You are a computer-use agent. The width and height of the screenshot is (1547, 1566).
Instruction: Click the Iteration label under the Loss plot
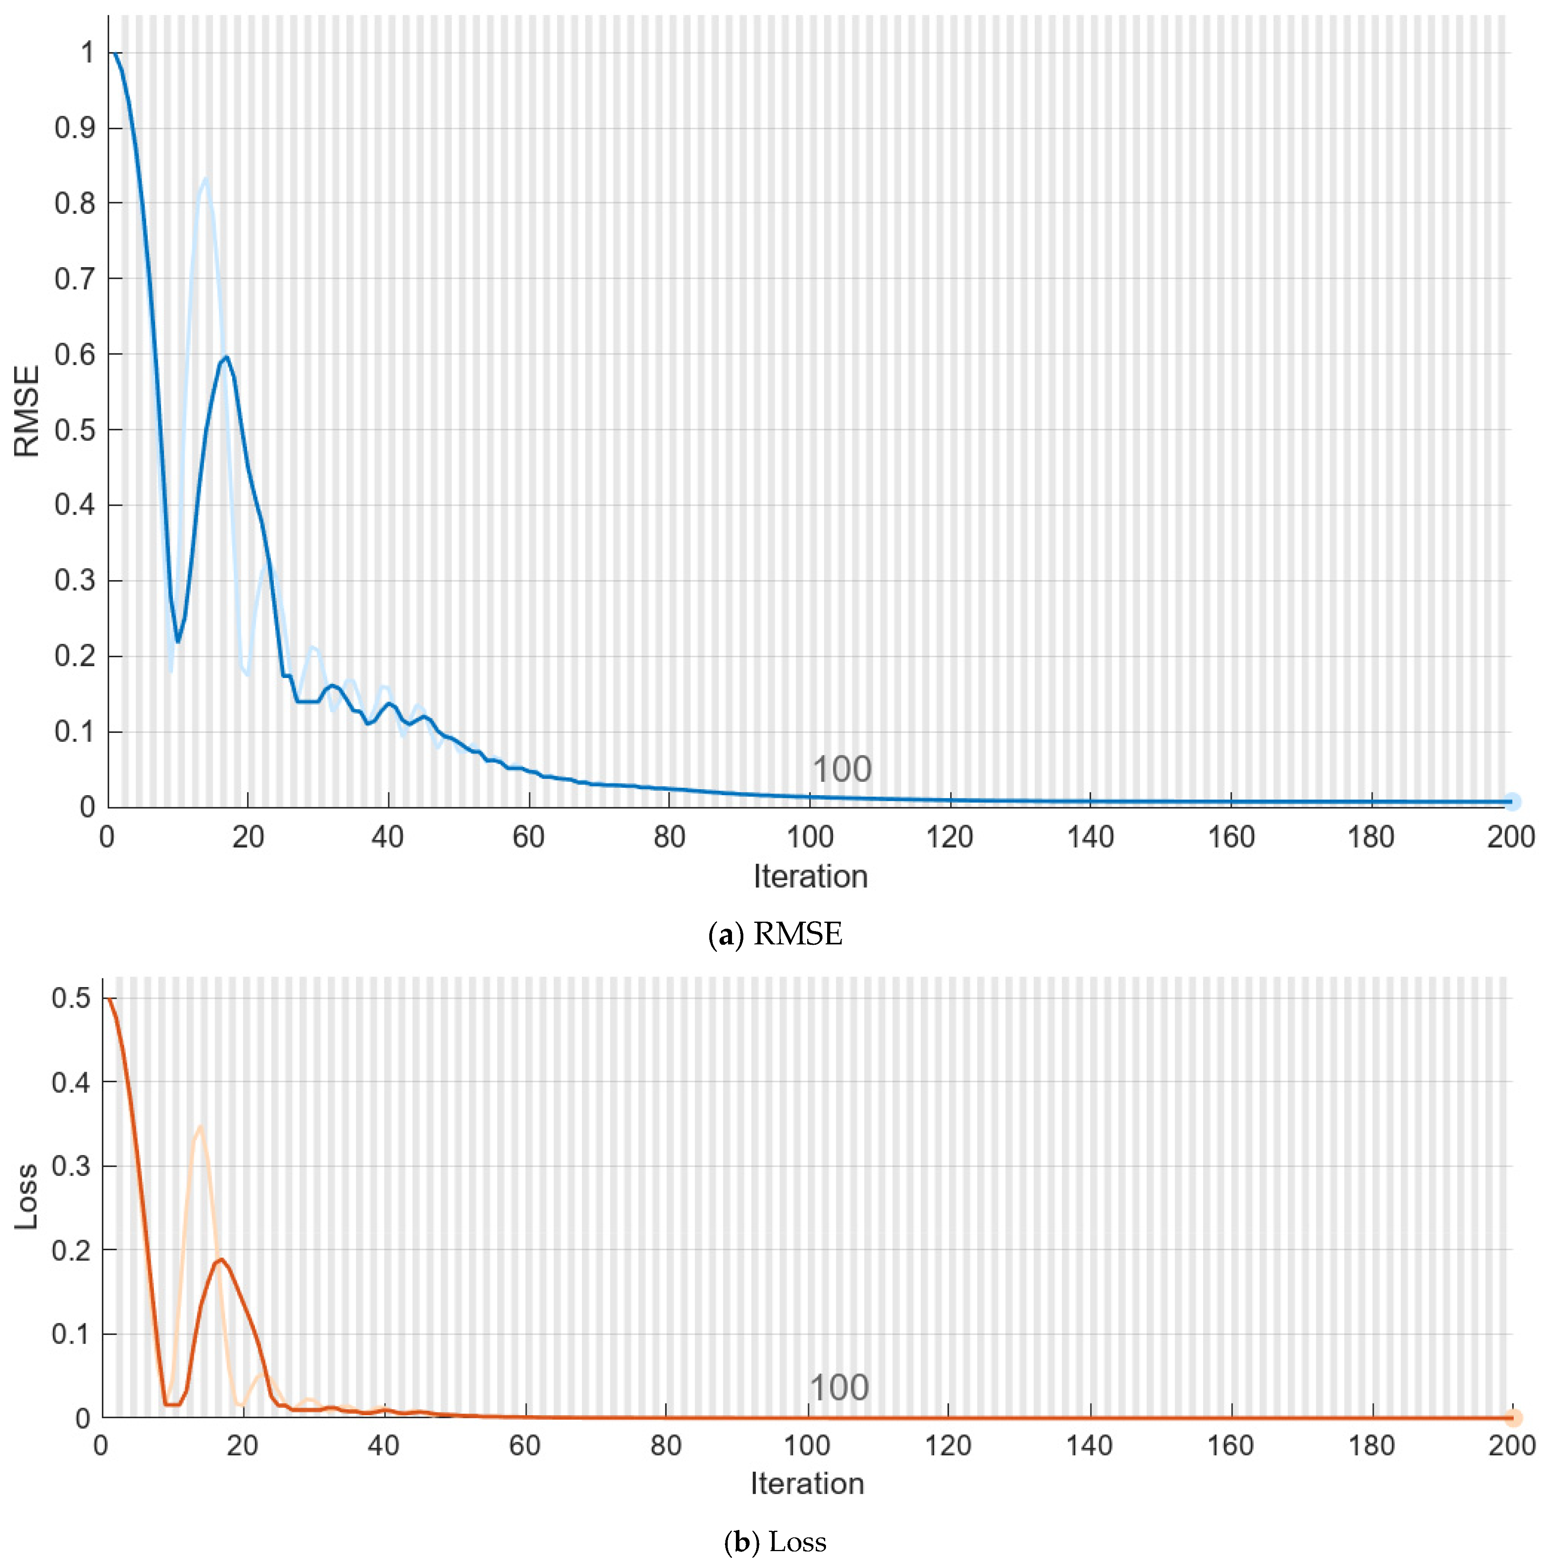(807, 1483)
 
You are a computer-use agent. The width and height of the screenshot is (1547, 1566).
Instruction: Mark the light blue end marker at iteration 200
(1511, 802)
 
